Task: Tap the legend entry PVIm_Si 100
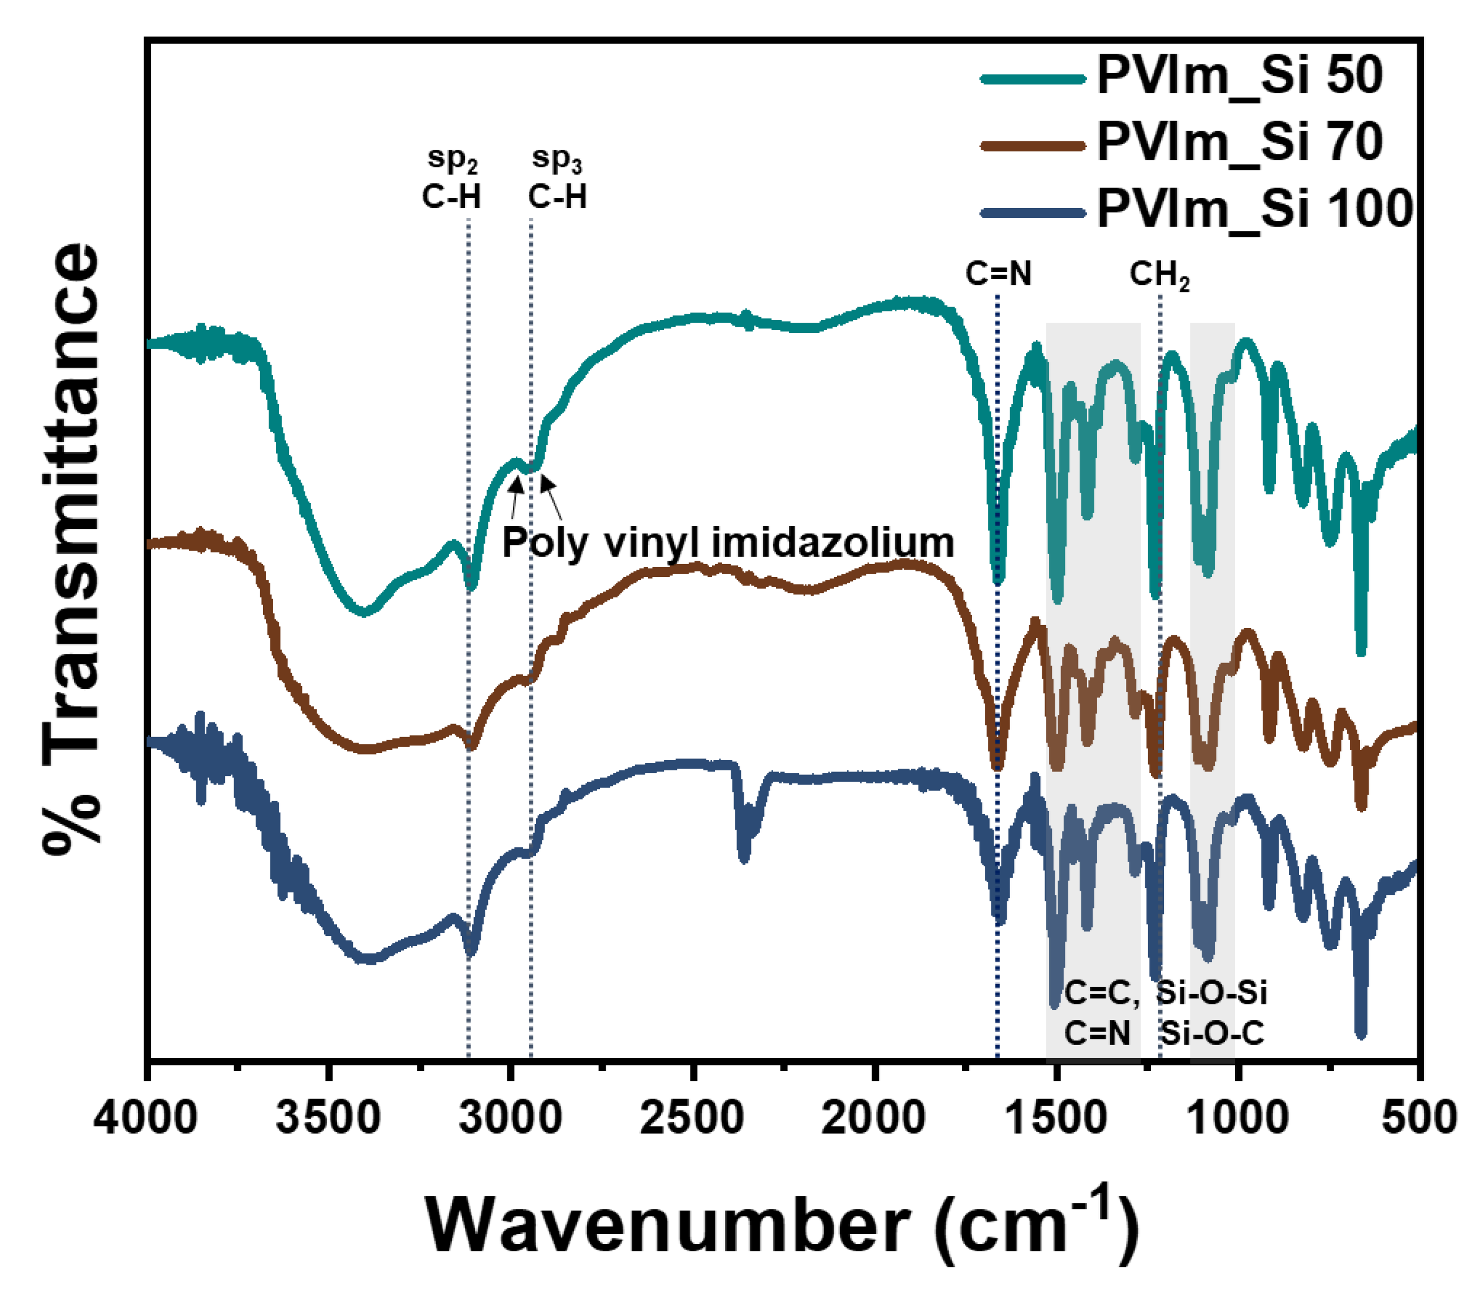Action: click(1254, 209)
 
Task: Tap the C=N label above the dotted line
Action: click(998, 274)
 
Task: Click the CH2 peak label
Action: click(1159, 275)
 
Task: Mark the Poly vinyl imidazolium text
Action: click(727, 542)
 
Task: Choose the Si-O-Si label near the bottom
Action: click(1211, 993)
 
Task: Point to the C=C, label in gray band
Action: click(1102, 994)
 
